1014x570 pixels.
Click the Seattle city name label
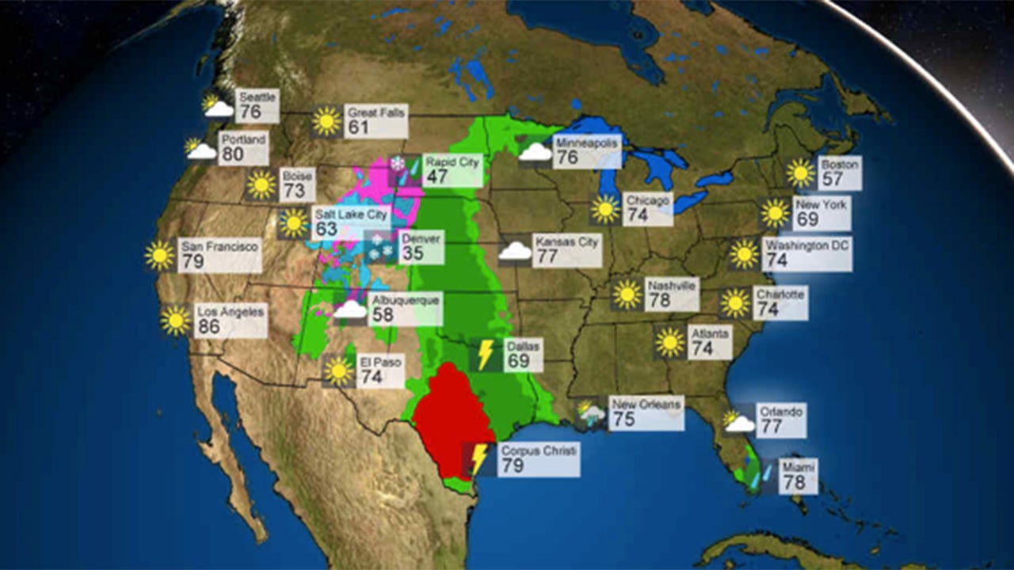point(257,97)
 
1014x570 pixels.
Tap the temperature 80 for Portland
point(233,154)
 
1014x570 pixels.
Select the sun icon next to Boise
point(261,184)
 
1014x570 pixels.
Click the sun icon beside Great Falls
point(326,120)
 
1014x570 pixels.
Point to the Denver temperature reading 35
point(412,253)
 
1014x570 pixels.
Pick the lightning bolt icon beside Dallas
point(485,355)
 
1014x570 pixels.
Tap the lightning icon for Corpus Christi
point(478,459)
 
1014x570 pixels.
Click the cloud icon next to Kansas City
point(515,251)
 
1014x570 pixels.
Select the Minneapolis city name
point(585,142)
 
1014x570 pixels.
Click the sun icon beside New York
point(776,213)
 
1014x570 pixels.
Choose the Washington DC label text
point(806,245)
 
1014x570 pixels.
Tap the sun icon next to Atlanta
point(670,342)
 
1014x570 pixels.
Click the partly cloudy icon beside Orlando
point(738,421)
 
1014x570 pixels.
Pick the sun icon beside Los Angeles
point(176,320)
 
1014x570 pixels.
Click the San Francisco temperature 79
point(192,261)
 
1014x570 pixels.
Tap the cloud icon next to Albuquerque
point(350,310)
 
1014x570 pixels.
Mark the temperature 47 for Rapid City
point(436,176)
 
